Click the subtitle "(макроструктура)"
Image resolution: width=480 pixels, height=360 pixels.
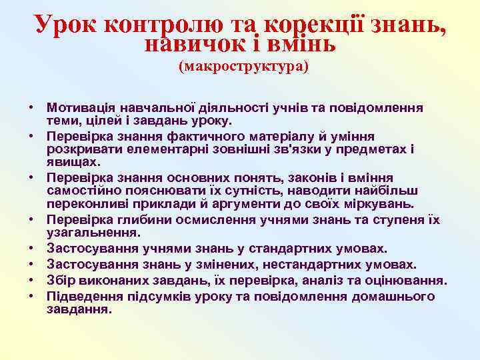[x=243, y=67]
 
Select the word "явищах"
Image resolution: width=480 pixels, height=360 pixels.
[x=73, y=161]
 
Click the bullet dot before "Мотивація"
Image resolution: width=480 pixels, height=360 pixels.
[x=31, y=108]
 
